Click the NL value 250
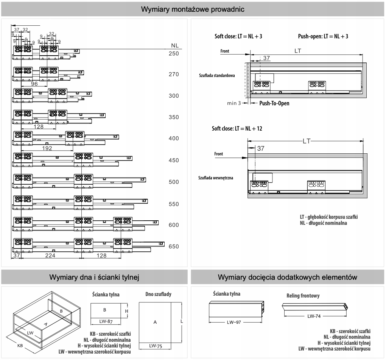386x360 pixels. click(x=174, y=54)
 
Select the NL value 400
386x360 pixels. click(x=174, y=139)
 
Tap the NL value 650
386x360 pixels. click(x=174, y=246)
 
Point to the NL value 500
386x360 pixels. click(x=174, y=182)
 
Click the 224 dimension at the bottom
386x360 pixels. click(x=50, y=256)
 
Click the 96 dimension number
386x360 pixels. click(x=34, y=84)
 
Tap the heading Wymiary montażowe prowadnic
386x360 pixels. click(x=193, y=9)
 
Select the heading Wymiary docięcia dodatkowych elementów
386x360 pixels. click(x=288, y=277)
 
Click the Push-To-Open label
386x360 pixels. click(x=274, y=103)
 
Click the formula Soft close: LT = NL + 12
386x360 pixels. click(x=237, y=129)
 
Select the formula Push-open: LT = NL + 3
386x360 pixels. click(x=323, y=37)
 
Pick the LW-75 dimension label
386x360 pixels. click(x=155, y=345)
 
